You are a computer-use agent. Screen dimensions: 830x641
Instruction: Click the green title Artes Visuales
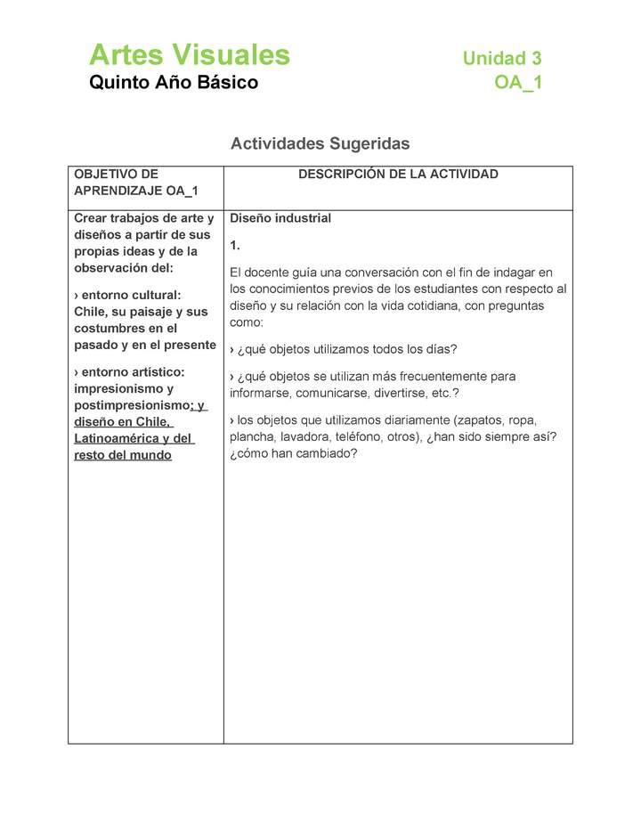tap(190, 55)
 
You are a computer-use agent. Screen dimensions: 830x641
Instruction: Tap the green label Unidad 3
tap(501, 59)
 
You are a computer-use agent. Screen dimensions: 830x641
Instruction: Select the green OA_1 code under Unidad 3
tap(518, 83)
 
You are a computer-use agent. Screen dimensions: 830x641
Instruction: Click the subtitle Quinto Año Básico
tap(174, 83)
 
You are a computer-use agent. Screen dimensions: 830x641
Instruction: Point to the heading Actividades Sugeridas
tap(320, 142)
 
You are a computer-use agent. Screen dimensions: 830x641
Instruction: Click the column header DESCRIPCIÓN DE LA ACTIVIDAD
tap(398, 175)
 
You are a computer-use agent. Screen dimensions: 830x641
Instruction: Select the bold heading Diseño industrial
tap(280, 218)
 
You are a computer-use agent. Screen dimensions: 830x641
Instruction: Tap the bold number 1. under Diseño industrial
tap(235, 245)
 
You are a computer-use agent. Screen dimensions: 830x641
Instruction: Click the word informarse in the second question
tap(260, 393)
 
